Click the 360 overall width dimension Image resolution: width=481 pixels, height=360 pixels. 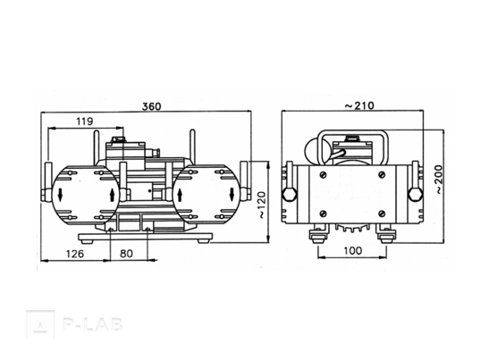pyautogui.click(x=151, y=106)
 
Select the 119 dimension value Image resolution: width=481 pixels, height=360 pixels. pyautogui.click(x=85, y=121)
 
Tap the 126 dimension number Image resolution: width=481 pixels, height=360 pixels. pyautogui.click(x=75, y=254)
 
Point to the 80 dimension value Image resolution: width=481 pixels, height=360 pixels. pyautogui.click(x=126, y=254)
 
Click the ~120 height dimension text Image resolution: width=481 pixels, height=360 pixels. pyautogui.click(x=261, y=205)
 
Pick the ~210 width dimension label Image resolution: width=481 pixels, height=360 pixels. pyautogui.click(x=359, y=105)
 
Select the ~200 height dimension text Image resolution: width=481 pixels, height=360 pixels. pyautogui.click(x=439, y=180)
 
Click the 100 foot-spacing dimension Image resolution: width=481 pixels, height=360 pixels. pyautogui.click(x=353, y=251)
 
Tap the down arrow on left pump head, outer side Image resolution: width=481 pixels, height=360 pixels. pyautogui.click(x=60, y=195)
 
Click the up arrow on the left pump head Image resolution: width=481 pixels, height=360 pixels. pyautogui.click(x=113, y=195)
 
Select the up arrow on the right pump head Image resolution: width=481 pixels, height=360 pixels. pyautogui.click(x=180, y=195)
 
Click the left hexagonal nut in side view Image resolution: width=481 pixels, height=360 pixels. pyautogui.click(x=290, y=195)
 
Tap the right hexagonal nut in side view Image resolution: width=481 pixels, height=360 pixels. pyautogui.click(x=416, y=195)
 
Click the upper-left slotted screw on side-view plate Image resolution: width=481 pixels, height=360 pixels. pyautogui.click(x=324, y=174)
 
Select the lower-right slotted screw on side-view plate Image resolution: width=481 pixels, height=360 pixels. pyautogui.click(x=382, y=213)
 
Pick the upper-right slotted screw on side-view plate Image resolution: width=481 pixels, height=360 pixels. pyautogui.click(x=382, y=174)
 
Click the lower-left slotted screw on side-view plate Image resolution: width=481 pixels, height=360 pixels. pyautogui.click(x=324, y=213)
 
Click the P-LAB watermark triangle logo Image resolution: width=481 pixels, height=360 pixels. pyautogui.click(x=40, y=324)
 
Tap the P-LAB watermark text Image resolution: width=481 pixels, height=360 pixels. pyautogui.click(x=93, y=324)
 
